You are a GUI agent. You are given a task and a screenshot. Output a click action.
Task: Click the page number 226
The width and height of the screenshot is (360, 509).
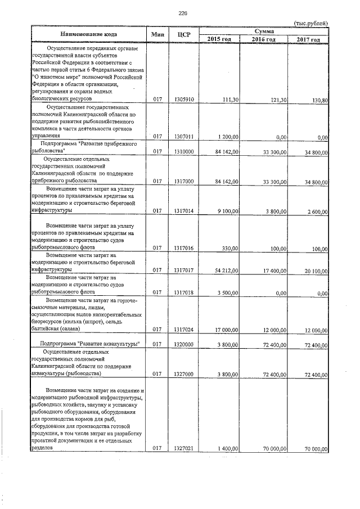[x=182, y=13]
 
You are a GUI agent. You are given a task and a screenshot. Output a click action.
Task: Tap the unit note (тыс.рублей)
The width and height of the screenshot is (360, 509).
[x=311, y=23]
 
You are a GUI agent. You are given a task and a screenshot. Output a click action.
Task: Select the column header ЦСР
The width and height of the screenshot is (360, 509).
[x=184, y=35]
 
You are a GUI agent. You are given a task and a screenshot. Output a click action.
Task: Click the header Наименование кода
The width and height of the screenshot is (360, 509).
[x=90, y=35]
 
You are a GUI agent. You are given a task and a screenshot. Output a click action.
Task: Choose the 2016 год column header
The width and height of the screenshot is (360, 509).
[x=263, y=39]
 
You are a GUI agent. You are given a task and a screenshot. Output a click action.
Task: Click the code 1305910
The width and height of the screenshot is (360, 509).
[x=184, y=100]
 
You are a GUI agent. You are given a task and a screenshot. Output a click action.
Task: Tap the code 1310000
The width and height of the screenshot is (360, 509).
[x=184, y=152]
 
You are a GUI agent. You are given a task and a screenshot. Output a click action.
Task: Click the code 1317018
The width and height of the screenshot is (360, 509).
[x=184, y=292]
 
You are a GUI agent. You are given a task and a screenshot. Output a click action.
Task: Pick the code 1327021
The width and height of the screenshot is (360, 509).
[x=184, y=448]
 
